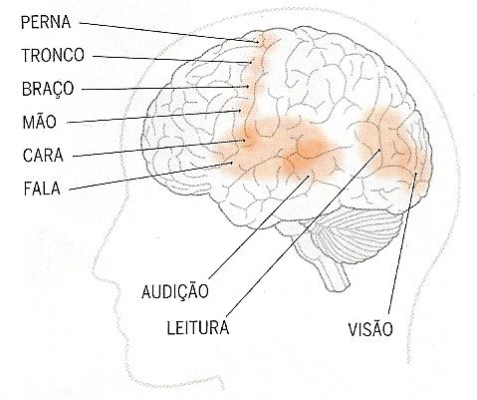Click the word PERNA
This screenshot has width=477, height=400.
(x=46, y=22)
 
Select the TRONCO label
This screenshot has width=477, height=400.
(x=53, y=55)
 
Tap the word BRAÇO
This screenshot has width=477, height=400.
(x=48, y=89)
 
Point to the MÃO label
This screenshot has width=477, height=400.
(x=39, y=122)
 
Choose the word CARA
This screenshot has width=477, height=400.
(x=43, y=156)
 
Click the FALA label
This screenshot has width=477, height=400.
(x=42, y=189)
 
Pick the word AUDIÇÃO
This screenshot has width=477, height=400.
(x=175, y=290)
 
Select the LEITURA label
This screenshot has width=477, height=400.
(x=198, y=327)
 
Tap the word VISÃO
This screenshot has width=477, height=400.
(x=370, y=328)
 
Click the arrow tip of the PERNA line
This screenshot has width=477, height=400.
(x=259, y=42)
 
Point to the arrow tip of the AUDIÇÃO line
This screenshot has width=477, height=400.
(x=309, y=176)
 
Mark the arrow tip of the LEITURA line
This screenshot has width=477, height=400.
(x=380, y=150)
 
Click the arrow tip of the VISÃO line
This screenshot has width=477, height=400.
(x=416, y=173)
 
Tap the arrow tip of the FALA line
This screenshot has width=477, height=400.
(x=232, y=163)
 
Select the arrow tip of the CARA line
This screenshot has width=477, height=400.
(x=245, y=140)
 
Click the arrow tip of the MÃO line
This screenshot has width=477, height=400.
(x=241, y=110)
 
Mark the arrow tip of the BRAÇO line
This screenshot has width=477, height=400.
(x=249, y=87)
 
